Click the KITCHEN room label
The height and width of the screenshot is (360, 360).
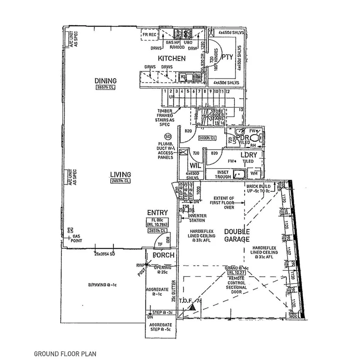click(172, 59)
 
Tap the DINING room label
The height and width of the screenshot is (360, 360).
click(105, 81)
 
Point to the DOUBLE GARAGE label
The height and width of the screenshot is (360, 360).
click(237, 235)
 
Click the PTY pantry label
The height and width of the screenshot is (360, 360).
click(227, 57)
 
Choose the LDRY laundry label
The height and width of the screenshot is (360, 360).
click(249, 155)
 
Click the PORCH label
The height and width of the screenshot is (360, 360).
click(163, 255)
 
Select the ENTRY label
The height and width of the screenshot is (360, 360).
click(157, 213)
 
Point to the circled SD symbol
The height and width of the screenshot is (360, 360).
click(168, 136)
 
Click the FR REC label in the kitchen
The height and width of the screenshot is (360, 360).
click(149, 34)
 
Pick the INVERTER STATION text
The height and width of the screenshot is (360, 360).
click(197, 218)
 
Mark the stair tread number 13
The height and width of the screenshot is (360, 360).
click(241, 110)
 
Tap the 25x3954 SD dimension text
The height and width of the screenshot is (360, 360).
click(105, 254)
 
